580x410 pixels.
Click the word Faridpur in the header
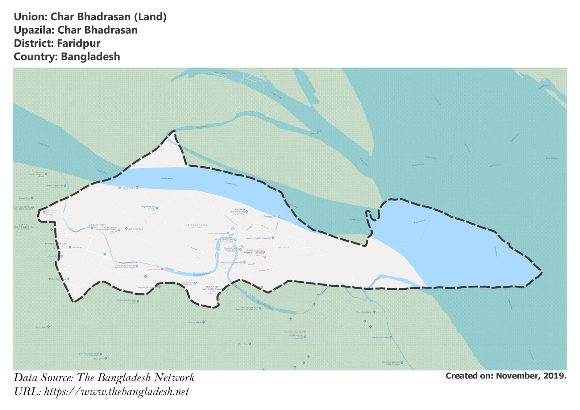click(x=79, y=44)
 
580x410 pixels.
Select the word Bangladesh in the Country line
click(x=90, y=57)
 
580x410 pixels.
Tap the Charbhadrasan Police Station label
click(x=232, y=249)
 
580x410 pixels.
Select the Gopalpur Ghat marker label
click(x=270, y=216)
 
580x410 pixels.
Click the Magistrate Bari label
click(x=148, y=207)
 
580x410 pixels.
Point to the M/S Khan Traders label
click(x=97, y=225)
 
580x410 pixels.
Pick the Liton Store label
click(x=77, y=248)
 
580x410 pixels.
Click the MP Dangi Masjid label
click(x=127, y=188)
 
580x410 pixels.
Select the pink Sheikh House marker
click(x=162, y=269)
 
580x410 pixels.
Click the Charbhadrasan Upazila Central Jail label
click(x=254, y=251)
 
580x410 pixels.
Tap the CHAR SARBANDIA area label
click(x=23, y=226)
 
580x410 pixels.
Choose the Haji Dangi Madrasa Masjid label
click(x=239, y=210)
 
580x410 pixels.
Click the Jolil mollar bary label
click(x=136, y=229)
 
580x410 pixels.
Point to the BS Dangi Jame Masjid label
click(x=232, y=262)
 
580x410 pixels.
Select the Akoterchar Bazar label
click(x=381, y=337)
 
